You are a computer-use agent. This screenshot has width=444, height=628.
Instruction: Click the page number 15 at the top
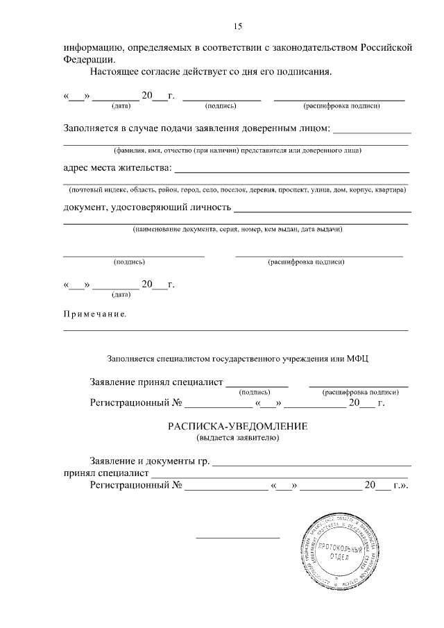(237, 26)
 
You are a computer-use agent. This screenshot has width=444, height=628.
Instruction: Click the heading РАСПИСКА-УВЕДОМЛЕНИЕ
(237, 427)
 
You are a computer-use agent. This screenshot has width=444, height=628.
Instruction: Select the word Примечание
(94, 314)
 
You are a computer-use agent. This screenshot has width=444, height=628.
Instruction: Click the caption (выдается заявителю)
(237, 438)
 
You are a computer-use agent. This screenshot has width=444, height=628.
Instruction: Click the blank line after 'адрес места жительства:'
(291, 171)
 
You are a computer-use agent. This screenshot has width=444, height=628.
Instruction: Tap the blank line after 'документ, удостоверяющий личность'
(322, 210)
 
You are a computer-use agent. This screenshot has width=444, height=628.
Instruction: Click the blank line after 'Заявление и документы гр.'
(311, 464)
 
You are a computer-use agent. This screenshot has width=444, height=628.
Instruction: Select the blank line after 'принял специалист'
(281, 477)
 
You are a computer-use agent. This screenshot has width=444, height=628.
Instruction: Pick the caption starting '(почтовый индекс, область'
(237, 189)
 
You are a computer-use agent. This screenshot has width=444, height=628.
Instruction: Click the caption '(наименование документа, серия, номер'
(237, 229)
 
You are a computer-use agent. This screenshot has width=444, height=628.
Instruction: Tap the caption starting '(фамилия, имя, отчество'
(237, 150)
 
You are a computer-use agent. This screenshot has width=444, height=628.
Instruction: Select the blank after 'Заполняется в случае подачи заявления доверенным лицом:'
(373, 131)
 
